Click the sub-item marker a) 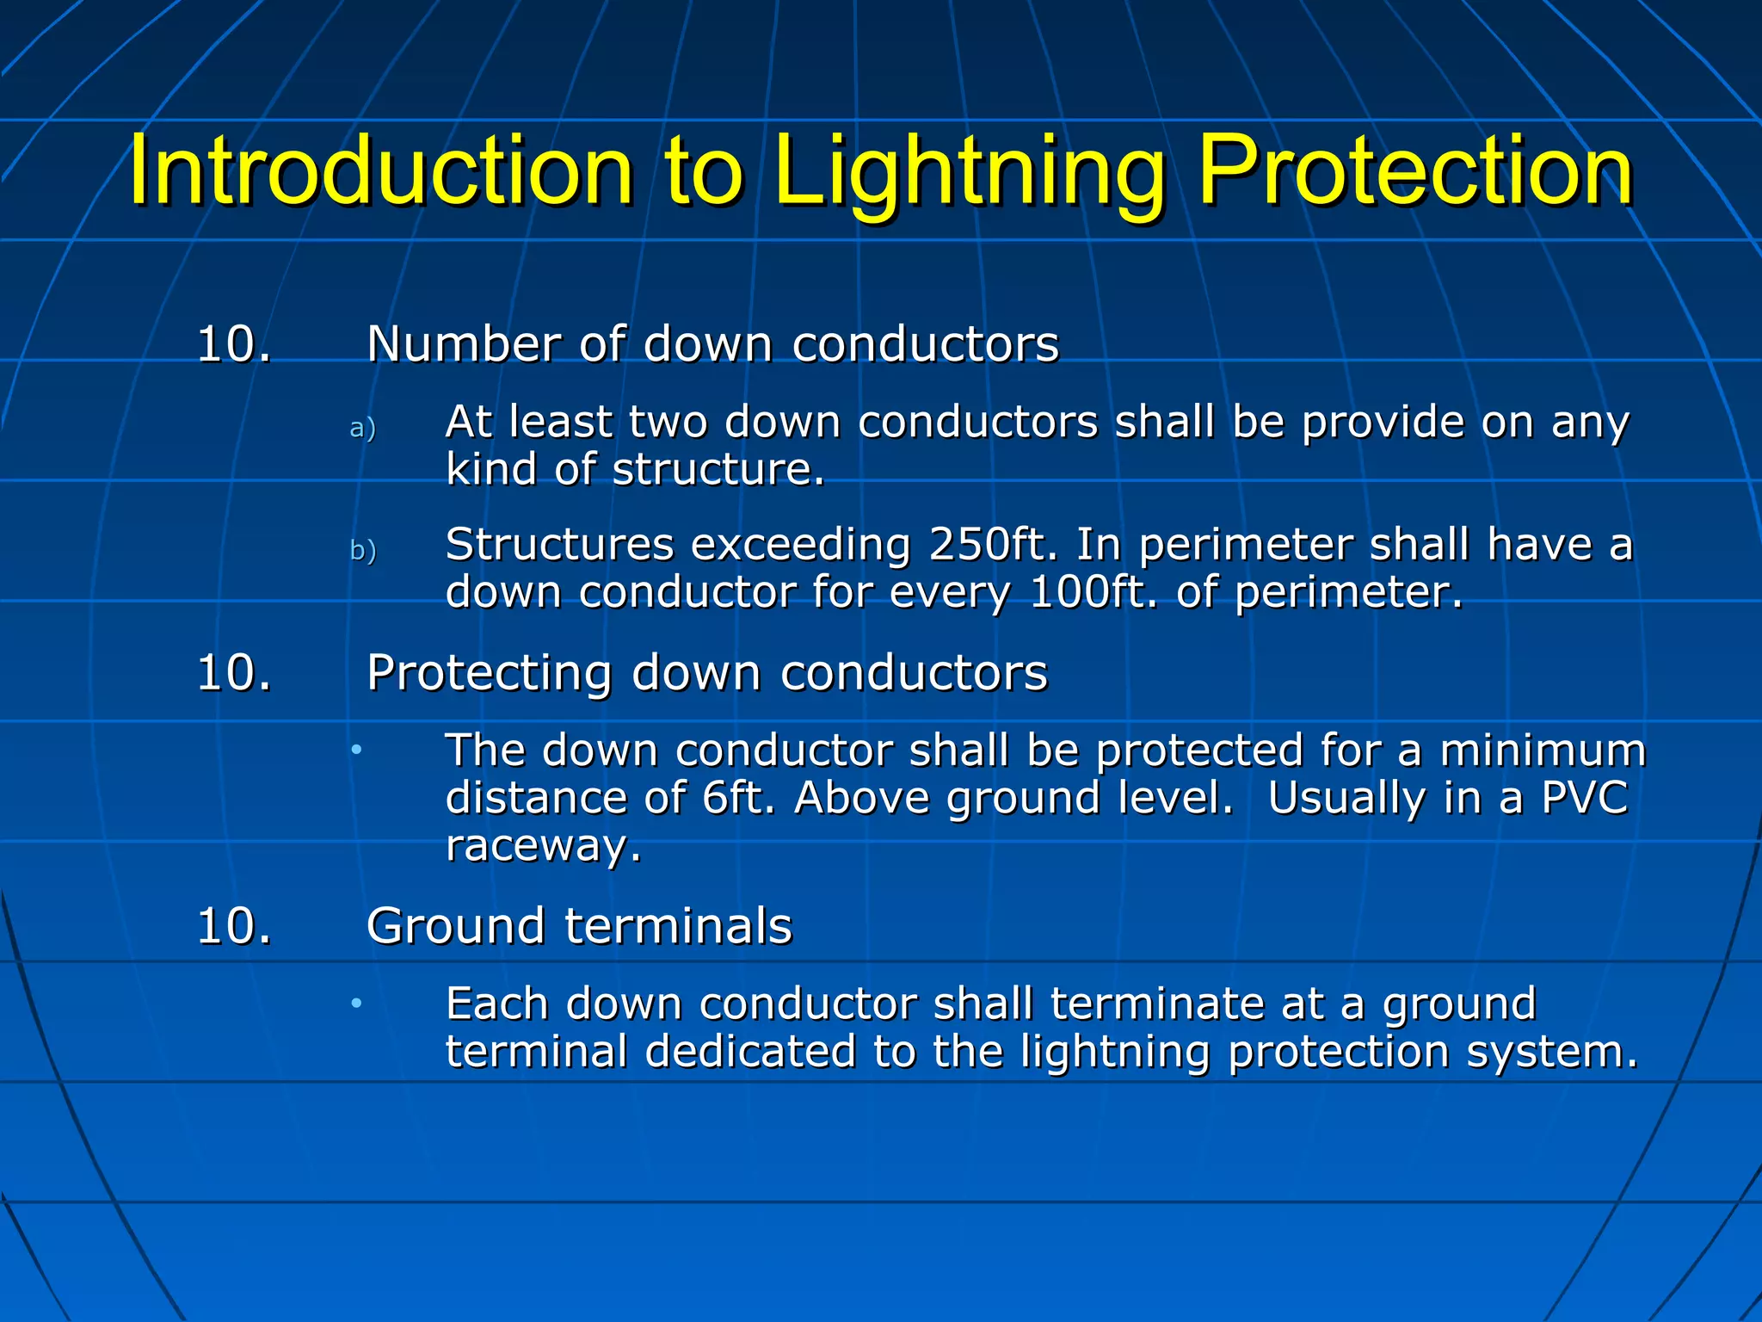pos(362,428)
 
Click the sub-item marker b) pos(362,551)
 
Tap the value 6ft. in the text pos(738,798)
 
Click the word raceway pos(543,847)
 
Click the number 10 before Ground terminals pos(233,927)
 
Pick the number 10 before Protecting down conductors pos(233,673)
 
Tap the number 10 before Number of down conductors pos(233,344)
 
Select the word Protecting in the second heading pos(489,673)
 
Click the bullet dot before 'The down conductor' pos(355,751)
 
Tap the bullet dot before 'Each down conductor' pos(355,1004)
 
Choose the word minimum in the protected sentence pos(1543,751)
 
